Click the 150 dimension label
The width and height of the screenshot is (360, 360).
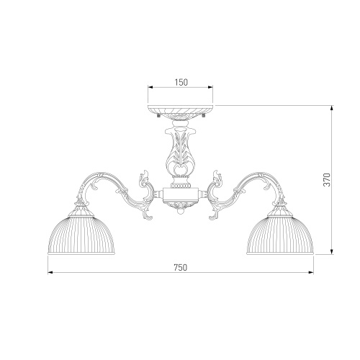pos(181,82)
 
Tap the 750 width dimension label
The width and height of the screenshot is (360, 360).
pos(180,267)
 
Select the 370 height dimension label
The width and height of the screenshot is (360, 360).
pos(327,179)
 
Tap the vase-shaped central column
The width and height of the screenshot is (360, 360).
pos(181,151)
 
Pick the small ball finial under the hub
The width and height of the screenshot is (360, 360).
pos(181,211)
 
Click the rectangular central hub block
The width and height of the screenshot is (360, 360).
pos(181,194)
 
